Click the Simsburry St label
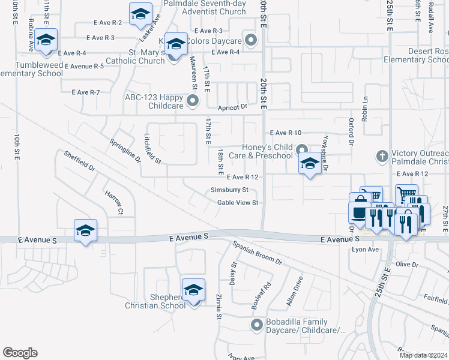pyautogui.click(x=229, y=190)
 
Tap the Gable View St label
pyautogui.click(x=238, y=203)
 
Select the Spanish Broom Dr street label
pyautogui.click(x=258, y=253)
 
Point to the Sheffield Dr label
pyautogui.click(x=79, y=161)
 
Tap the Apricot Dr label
pyautogui.click(x=232, y=106)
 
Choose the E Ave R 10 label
pyautogui.click(x=285, y=133)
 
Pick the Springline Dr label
pyautogui.click(x=124, y=150)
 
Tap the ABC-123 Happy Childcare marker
pyautogui.click(x=192, y=101)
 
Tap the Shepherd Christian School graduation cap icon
pyautogui.click(x=193, y=290)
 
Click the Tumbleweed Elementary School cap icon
pyautogui.click(x=46, y=40)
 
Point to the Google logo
pyautogui.click(x=20, y=353)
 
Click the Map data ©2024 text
pyautogui.click(x=423, y=355)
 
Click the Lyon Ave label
pyautogui.click(x=366, y=250)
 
